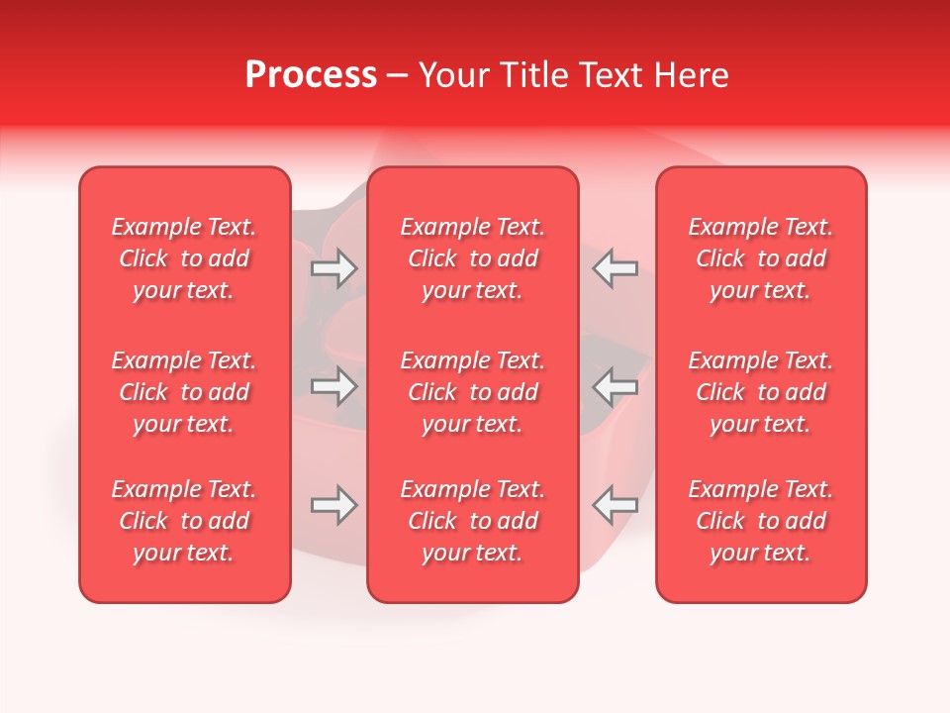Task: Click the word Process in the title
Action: (311, 75)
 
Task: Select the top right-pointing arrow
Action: (333, 268)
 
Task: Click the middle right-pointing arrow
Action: (333, 386)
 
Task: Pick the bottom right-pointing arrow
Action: (333, 505)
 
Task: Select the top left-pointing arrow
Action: (615, 268)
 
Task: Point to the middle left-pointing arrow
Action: (615, 386)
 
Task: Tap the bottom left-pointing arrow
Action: (615, 505)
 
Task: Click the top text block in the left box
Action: (184, 258)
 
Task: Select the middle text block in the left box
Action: (184, 392)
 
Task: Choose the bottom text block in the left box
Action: (184, 521)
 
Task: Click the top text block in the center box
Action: (473, 258)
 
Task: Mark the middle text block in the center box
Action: (473, 392)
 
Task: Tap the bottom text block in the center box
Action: (473, 521)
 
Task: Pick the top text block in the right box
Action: (761, 258)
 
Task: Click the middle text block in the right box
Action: (761, 392)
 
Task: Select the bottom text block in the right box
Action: (761, 521)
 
